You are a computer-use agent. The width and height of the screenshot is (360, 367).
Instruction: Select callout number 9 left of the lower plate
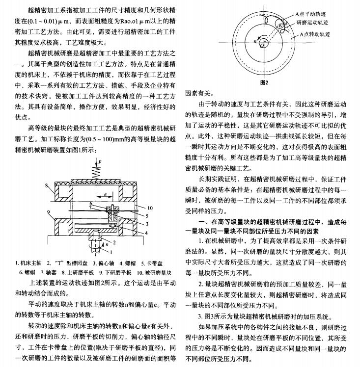click(x=47, y=211)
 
